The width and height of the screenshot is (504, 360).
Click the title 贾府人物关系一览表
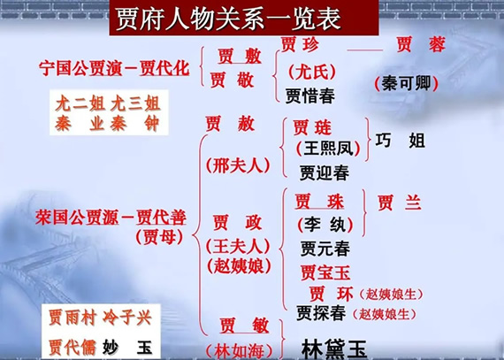click(253, 18)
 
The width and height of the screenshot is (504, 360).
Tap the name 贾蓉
click(420, 45)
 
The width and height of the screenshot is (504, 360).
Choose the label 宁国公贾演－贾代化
click(115, 68)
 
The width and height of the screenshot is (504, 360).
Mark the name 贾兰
click(399, 203)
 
